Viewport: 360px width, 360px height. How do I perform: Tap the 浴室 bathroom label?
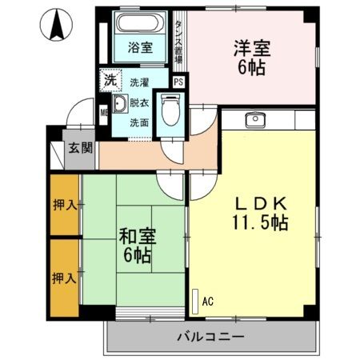[140, 48]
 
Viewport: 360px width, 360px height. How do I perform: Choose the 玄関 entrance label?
[79, 148]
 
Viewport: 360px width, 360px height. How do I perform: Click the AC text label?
[207, 301]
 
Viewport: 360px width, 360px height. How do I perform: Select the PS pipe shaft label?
[178, 82]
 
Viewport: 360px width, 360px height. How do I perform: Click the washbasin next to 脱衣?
[118, 106]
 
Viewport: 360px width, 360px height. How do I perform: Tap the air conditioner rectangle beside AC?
[194, 300]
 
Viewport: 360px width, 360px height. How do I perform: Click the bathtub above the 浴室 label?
[141, 25]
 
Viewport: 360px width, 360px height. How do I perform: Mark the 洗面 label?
[139, 122]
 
